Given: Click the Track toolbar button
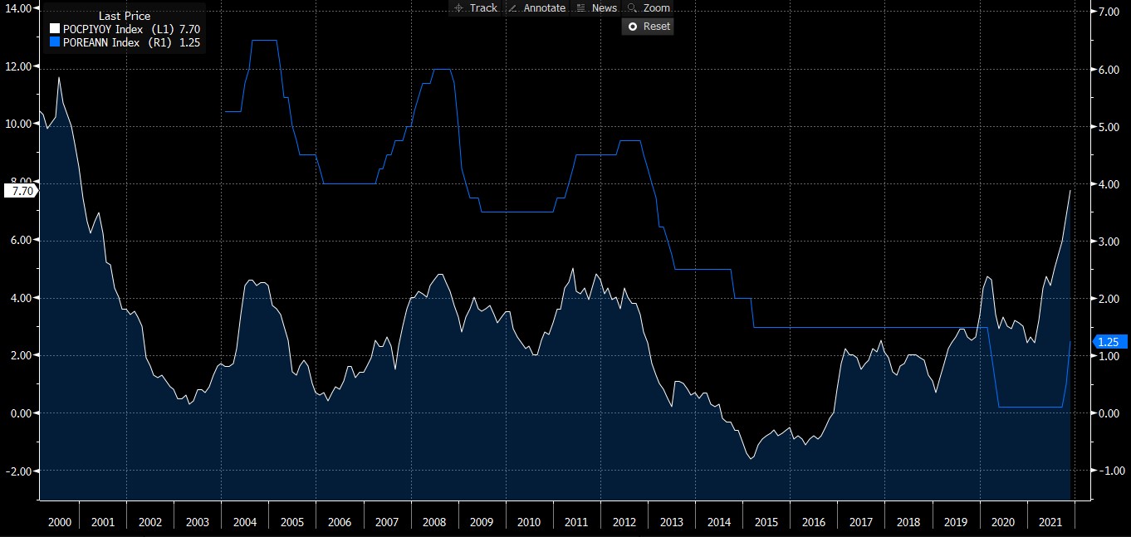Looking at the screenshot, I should (475, 7).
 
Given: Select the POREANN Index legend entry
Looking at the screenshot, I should (125, 41).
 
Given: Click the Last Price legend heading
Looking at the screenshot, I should (125, 16).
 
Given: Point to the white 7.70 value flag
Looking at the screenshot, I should (19, 191).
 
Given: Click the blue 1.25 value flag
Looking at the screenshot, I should (1110, 341).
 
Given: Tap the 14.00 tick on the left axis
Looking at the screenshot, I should (18, 8).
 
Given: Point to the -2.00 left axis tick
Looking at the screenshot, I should (18, 471).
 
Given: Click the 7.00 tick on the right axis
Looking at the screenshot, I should (1110, 12).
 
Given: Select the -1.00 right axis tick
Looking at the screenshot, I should (1110, 471).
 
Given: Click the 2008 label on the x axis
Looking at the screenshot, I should (434, 522).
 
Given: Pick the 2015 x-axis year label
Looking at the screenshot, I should (766, 522).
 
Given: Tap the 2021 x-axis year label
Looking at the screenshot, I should (1050, 522).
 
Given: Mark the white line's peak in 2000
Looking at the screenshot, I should (58, 77).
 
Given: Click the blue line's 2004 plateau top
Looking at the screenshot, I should (264, 41).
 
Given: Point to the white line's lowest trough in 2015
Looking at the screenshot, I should (752, 458).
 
